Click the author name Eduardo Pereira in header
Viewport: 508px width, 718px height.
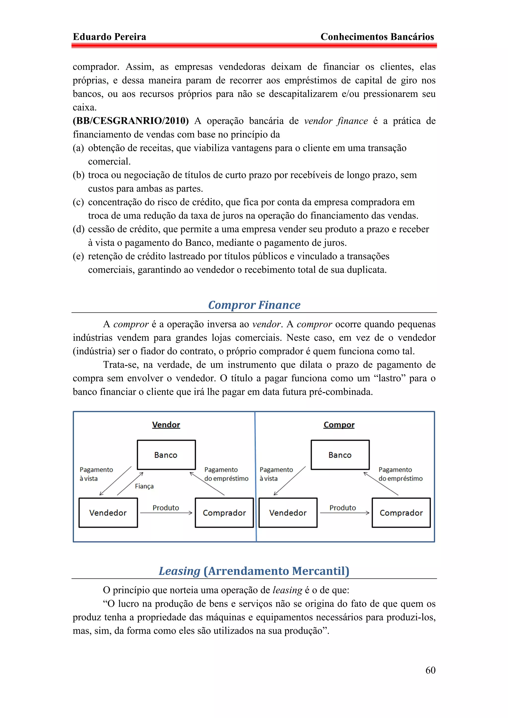(x=109, y=37)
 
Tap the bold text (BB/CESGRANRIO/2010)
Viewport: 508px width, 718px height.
(x=130, y=121)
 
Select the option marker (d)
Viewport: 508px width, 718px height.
(x=79, y=229)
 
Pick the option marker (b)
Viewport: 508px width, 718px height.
(x=79, y=175)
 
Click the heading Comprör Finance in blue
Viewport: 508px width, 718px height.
(x=254, y=305)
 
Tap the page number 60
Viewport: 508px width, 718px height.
(x=430, y=670)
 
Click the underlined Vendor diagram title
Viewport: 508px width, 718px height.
(x=166, y=425)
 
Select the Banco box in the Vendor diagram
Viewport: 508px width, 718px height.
(x=166, y=455)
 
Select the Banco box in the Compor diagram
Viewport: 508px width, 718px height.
(x=340, y=455)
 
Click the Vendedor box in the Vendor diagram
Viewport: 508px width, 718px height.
(x=108, y=513)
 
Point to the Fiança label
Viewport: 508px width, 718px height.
(x=144, y=486)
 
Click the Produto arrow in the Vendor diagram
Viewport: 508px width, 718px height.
(x=166, y=513)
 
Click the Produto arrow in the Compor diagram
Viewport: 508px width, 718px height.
(x=344, y=513)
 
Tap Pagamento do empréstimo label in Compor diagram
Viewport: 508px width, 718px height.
(x=400, y=474)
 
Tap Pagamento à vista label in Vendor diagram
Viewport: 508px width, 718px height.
(x=96, y=474)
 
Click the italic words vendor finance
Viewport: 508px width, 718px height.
(x=336, y=121)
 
